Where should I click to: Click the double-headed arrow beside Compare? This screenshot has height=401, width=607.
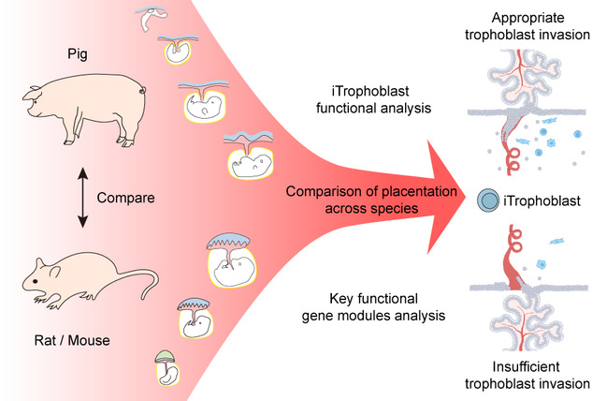[x=81, y=199]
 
